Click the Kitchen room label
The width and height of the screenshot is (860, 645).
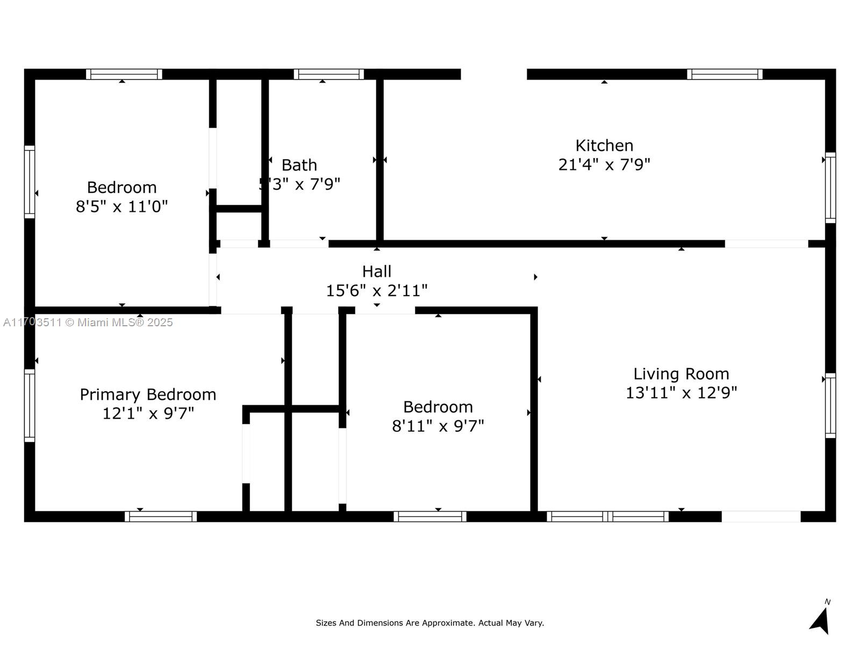click(x=604, y=146)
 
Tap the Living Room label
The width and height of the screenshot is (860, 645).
click(x=681, y=374)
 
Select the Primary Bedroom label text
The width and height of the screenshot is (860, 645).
click(x=148, y=395)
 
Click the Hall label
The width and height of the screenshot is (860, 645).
click(x=377, y=271)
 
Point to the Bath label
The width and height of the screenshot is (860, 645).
click(x=299, y=165)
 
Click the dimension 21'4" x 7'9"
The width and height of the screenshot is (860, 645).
click(x=604, y=164)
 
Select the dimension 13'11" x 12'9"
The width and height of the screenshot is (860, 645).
click(x=681, y=393)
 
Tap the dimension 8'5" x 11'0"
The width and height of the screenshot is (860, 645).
click(x=122, y=206)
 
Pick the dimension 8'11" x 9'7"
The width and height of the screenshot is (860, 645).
click(x=438, y=426)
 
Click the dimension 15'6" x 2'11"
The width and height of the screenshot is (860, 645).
click(x=377, y=291)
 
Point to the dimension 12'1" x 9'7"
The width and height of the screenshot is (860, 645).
click(x=148, y=413)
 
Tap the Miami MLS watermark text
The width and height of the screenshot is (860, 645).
click(x=88, y=322)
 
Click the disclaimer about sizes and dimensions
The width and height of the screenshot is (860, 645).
click(x=430, y=622)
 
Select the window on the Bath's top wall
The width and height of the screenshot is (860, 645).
click(x=329, y=74)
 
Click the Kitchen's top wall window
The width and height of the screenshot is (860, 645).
click(x=725, y=74)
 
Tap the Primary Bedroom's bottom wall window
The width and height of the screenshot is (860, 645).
click(x=161, y=517)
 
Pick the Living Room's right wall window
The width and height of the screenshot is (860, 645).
click(x=830, y=406)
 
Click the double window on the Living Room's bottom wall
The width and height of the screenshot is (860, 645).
click(x=608, y=517)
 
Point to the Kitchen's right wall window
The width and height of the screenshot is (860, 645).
click(x=830, y=188)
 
